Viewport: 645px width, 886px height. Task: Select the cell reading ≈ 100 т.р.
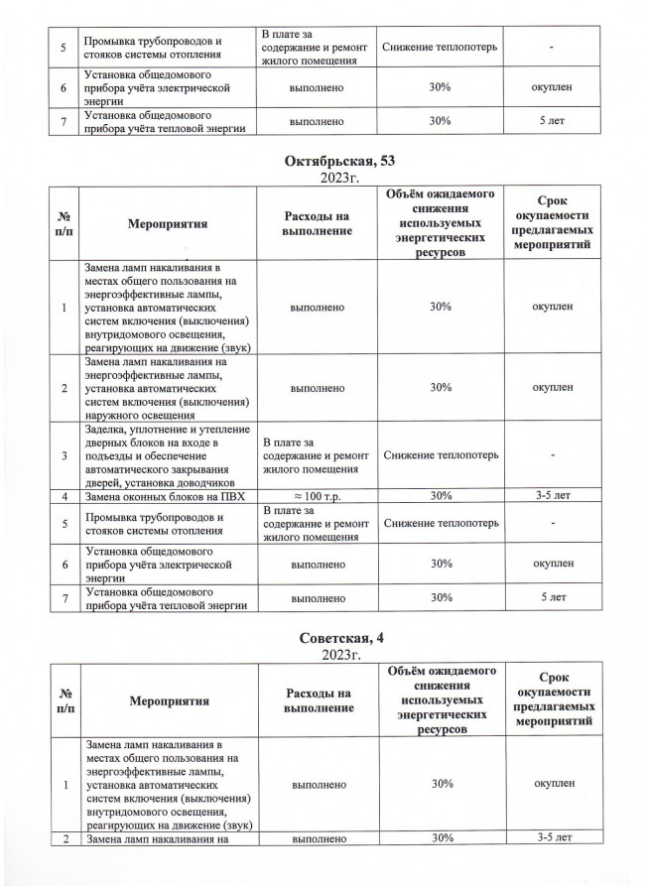[x=316, y=495]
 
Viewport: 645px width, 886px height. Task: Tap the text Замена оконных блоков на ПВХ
[x=165, y=495]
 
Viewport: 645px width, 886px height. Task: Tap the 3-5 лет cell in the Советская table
[x=552, y=839]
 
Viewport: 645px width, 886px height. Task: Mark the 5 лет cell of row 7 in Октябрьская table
[x=552, y=596]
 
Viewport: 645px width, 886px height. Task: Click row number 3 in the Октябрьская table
[x=64, y=454]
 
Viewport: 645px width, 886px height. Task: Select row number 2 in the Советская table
[x=64, y=839]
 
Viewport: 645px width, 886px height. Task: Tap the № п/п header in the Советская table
[x=64, y=701]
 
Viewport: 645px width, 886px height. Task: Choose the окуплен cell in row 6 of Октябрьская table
[x=552, y=563]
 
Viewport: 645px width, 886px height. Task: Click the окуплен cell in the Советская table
[x=552, y=784]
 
